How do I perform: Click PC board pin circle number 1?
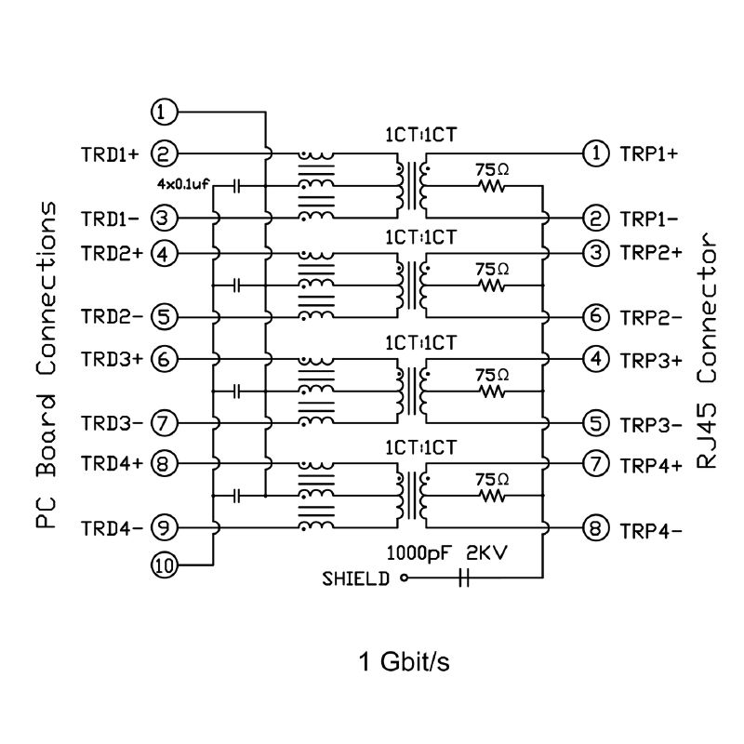click(164, 112)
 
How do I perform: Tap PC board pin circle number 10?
click(164, 565)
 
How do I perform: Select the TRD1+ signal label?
click(110, 154)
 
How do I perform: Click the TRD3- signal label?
click(112, 423)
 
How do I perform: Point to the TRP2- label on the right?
click(651, 317)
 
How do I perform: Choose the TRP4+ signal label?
click(651, 466)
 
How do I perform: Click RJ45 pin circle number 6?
click(596, 316)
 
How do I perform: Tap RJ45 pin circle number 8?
click(596, 528)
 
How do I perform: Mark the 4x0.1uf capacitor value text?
click(183, 184)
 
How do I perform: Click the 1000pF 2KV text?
click(446, 552)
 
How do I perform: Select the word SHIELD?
click(356, 578)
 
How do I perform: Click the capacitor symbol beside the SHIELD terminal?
click(464, 578)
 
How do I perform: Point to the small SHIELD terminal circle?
click(405, 578)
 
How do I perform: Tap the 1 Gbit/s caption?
click(404, 661)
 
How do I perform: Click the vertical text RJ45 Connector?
click(706, 351)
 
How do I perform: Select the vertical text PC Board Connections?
click(46, 365)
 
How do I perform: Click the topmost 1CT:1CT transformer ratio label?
click(420, 135)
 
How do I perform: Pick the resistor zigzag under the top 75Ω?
click(492, 187)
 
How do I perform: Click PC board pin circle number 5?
click(164, 316)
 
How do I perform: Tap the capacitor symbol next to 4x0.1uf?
click(238, 186)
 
